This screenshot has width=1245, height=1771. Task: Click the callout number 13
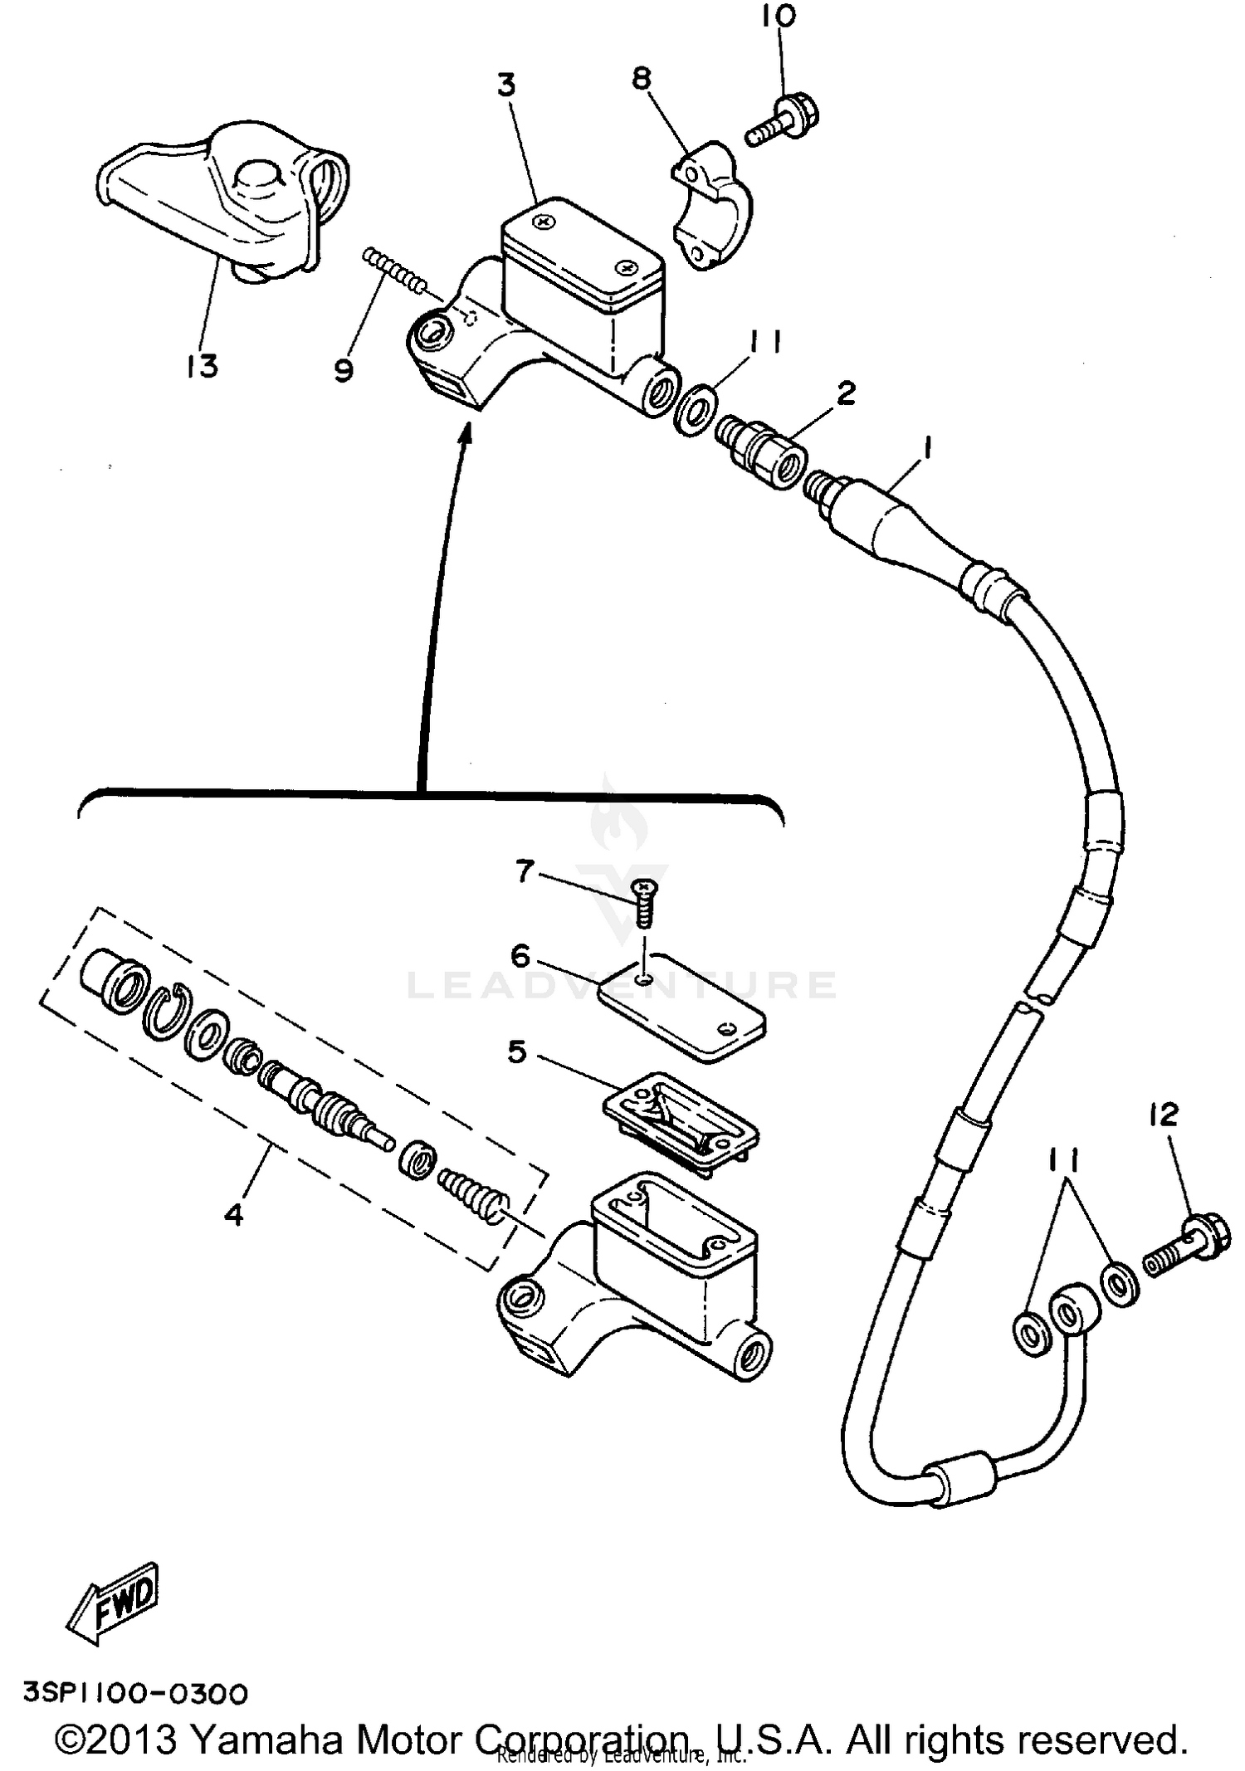[x=202, y=365]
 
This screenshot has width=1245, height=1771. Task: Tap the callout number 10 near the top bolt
[x=779, y=16]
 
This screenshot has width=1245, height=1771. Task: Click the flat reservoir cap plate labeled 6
[x=681, y=1008]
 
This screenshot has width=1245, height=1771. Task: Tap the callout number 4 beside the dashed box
[x=234, y=1215]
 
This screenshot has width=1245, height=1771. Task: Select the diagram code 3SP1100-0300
[x=135, y=1693]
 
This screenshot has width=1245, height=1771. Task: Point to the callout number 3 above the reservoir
[x=506, y=85]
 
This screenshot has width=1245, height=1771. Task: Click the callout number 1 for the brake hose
[x=927, y=449]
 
